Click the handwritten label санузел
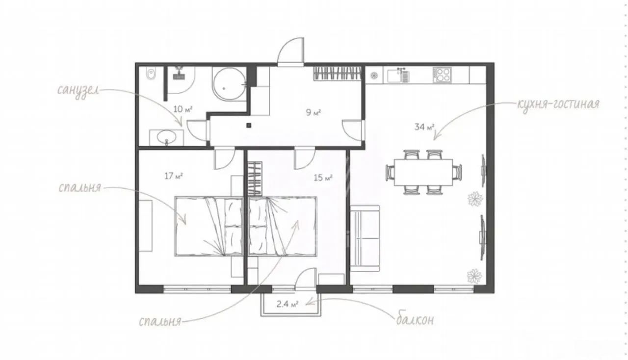click(x=78, y=90)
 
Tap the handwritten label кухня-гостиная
click(x=558, y=104)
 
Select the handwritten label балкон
click(x=415, y=319)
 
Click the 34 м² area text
click(x=424, y=127)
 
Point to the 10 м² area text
click(x=183, y=109)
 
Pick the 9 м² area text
click(x=314, y=112)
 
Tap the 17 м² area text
click(x=174, y=176)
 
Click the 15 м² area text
click(x=323, y=178)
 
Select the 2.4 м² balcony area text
click(x=288, y=304)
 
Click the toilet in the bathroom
click(x=151, y=74)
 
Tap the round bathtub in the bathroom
click(x=229, y=83)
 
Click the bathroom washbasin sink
click(x=166, y=138)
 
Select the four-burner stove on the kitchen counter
click(x=442, y=75)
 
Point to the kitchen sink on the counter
click(x=398, y=76)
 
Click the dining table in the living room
click(x=423, y=172)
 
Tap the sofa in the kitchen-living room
click(x=365, y=238)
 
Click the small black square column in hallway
click(x=249, y=126)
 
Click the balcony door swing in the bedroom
click(x=306, y=279)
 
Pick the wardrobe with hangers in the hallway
click(x=337, y=74)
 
